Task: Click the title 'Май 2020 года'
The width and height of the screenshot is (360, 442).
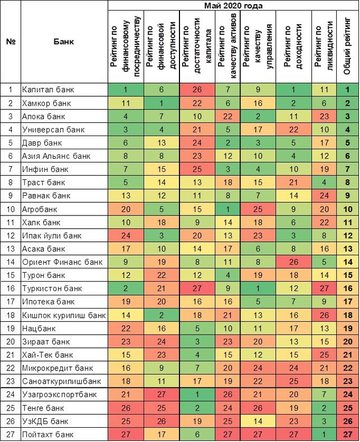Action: (233, 6)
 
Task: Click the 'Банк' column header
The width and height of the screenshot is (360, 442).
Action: (64, 42)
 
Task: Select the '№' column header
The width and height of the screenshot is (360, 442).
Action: (11, 42)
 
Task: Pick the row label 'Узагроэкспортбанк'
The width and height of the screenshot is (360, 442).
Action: (51, 395)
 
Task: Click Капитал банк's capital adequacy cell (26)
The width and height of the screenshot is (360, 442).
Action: (197, 89)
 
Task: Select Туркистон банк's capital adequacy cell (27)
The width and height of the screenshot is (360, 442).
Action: (197, 288)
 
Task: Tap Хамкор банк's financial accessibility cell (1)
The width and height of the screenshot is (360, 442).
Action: (161, 103)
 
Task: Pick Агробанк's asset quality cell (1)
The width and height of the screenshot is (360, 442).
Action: (228, 209)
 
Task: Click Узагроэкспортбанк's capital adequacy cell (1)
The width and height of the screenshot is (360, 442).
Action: (197, 395)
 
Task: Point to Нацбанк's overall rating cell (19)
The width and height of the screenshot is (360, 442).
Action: (347, 328)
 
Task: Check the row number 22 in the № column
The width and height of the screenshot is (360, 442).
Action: (11, 368)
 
